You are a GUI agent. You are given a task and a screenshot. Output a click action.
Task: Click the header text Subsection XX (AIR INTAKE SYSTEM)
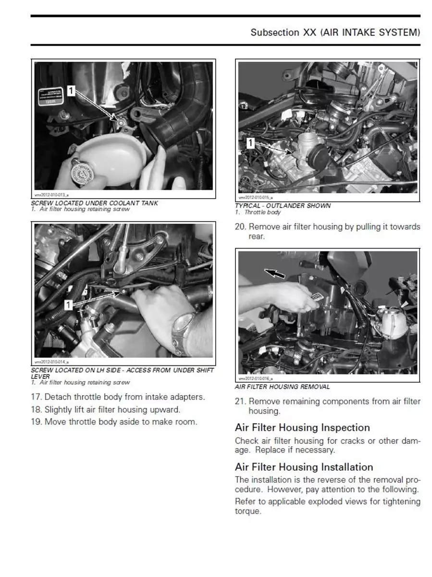pyautogui.click(x=335, y=33)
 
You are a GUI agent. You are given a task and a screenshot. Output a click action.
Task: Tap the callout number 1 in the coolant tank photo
pyautogui.click(x=71, y=90)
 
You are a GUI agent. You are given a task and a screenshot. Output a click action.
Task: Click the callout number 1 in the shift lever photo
pyautogui.click(x=68, y=304)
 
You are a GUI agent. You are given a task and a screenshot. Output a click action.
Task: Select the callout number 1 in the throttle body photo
pyautogui.click(x=250, y=143)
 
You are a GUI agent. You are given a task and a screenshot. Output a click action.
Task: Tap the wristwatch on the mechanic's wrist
pyautogui.click(x=184, y=327)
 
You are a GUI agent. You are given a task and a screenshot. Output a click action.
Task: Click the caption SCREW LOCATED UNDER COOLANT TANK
pyautogui.click(x=94, y=203)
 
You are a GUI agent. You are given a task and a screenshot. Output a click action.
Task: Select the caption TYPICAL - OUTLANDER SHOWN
pyautogui.click(x=283, y=206)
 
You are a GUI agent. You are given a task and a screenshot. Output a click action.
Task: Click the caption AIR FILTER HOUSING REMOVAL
pyautogui.click(x=282, y=387)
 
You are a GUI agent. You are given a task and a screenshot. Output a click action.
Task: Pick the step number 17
pyautogui.click(x=37, y=397)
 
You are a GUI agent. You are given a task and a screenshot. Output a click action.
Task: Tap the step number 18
pyautogui.click(x=37, y=410)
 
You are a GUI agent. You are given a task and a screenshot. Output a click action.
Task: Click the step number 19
pyautogui.click(x=37, y=422)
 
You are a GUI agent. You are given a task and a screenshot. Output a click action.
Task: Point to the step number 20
pyautogui.click(x=240, y=227)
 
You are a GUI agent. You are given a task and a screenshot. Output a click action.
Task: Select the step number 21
pyautogui.click(x=240, y=401)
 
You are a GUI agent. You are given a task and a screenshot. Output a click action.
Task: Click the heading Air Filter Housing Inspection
pyautogui.click(x=302, y=427)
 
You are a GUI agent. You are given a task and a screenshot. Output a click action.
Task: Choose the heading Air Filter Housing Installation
pyautogui.click(x=304, y=467)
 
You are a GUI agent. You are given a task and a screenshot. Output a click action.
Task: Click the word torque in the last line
pyautogui.click(x=247, y=512)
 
